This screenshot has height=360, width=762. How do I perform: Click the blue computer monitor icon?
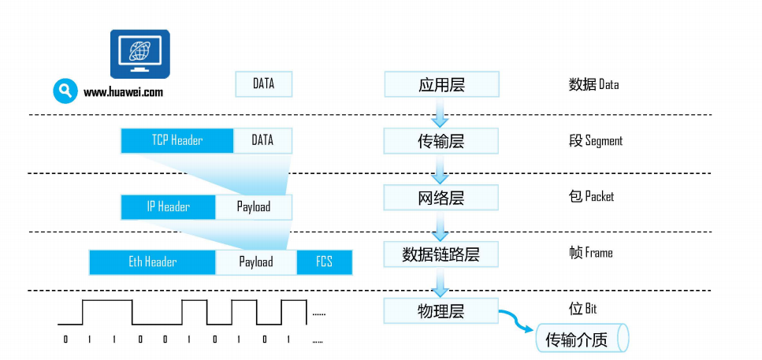[139, 54]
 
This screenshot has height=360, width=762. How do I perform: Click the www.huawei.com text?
[123, 92]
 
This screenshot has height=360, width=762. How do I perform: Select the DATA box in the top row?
[263, 84]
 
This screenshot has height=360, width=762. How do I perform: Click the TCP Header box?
[177, 141]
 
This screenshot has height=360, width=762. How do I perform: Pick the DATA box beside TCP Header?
[262, 141]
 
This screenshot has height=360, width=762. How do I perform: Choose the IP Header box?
[168, 207]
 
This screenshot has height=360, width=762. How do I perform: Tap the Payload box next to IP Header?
[253, 207]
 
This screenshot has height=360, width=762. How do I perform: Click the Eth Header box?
[152, 262]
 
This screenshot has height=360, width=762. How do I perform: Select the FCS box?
[324, 262]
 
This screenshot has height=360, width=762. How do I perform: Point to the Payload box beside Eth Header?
[255, 262]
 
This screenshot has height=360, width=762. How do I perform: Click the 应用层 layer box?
[441, 84]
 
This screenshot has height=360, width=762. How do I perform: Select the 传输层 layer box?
[441, 141]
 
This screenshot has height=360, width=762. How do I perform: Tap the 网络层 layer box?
[441, 198]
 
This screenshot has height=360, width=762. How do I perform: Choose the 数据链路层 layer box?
[441, 254]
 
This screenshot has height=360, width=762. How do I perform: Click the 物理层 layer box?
[441, 311]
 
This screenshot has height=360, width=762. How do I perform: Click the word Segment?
[604, 141]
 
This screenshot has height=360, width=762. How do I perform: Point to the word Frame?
[598, 253]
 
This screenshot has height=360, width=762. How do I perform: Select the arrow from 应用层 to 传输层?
[440, 115]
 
